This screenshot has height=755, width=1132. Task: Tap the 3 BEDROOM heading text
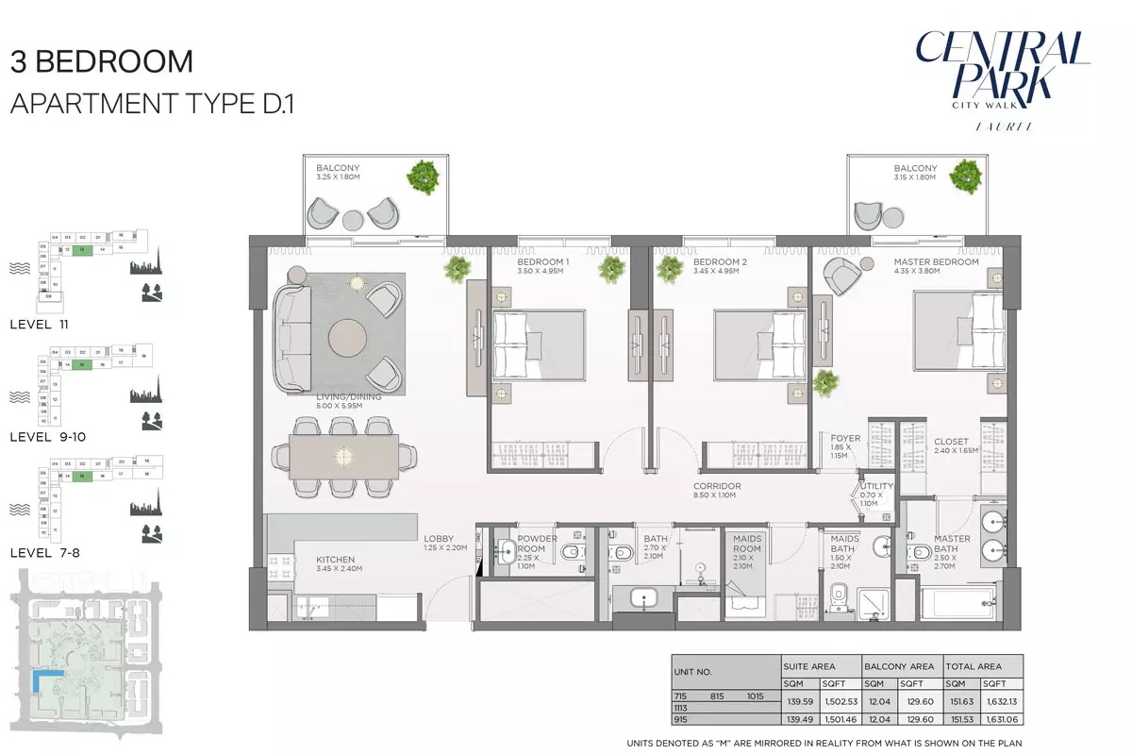pos(102,62)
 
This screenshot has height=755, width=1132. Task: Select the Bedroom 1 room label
pos(542,262)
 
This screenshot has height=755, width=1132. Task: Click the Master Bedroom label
pos(936,262)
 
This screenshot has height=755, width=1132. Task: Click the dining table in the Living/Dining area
pos(343,457)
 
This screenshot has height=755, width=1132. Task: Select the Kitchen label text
pos(336,560)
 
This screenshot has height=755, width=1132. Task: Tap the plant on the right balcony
pos(966,175)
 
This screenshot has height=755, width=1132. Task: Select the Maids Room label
pos(746,544)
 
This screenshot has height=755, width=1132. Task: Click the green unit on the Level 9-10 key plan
pos(82,364)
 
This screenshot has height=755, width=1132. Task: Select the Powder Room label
pos(537,544)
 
